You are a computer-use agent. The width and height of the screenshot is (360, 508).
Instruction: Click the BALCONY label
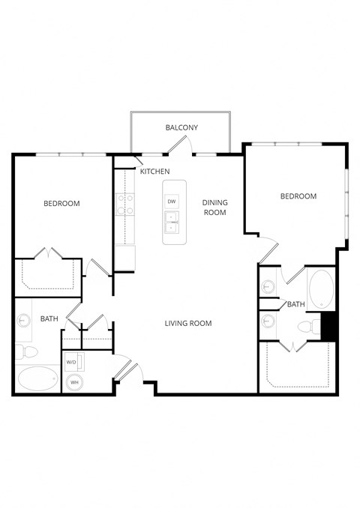pyautogui.click(x=181, y=127)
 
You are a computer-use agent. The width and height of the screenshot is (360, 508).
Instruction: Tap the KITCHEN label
pyautogui.click(x=154, y=172)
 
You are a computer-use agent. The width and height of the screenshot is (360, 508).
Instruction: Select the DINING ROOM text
pyautogui.click(x=214, y=208)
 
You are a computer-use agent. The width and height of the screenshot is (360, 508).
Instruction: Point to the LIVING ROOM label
pyautogui.click(x=188, y=324)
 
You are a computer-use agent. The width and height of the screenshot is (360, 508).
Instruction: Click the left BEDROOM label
pyautogui.click(x=61, y=204)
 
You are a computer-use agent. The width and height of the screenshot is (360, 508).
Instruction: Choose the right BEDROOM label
pyautogui.click(x=298, y=196)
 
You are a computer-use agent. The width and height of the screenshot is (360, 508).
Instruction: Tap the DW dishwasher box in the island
pyautogui.click(x=172, y=202)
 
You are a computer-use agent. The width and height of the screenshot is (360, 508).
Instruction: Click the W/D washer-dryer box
pyautogui.click(x=73, y=363)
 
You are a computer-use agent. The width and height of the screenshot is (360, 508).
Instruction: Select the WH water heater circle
pyautogui.click(x=74, y=382)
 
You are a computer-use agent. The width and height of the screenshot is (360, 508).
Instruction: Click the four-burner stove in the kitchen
pyautogui.click(x=124, y=205)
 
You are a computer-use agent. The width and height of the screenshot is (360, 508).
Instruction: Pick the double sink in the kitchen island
pyautogui.click(x=172, y=223)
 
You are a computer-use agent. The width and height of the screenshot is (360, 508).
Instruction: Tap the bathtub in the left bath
pyautogui.click(x=37, y=380)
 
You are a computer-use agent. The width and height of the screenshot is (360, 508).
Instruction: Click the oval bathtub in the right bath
pyautogui.click(x=321, y=289)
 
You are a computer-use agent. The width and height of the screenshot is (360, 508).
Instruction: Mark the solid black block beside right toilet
pyautogui.click(x=328, y=327)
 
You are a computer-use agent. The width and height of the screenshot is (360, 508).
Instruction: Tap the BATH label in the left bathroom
pyautogui.click(x=49, y=319)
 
